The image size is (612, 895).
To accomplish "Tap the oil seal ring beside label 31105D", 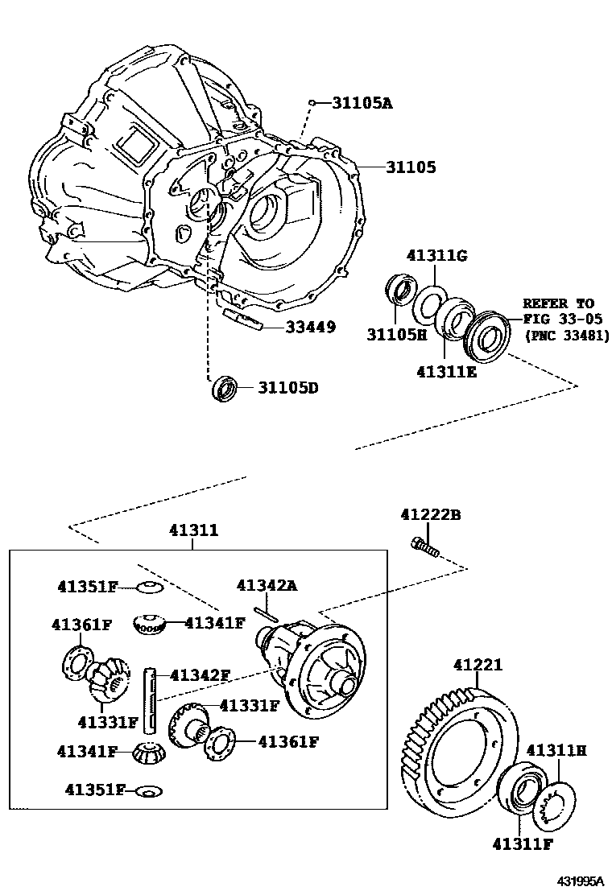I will [x=225, y=387].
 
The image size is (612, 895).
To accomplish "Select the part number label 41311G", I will [x=437, y=255].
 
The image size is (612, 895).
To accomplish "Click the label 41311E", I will [x=447, y=372].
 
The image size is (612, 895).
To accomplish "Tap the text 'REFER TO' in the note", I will [x=558, y=303].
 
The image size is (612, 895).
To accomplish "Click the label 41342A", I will [x=267, y=585].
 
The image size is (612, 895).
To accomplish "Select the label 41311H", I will [x=556, y=750].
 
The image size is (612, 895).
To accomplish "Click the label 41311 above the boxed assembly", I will [x=193, y=530].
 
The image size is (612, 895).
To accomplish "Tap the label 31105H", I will [x=396, y=334].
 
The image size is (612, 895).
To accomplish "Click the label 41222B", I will [x=431, y=514].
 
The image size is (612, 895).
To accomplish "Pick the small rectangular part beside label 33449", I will [x=242, y=319].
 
